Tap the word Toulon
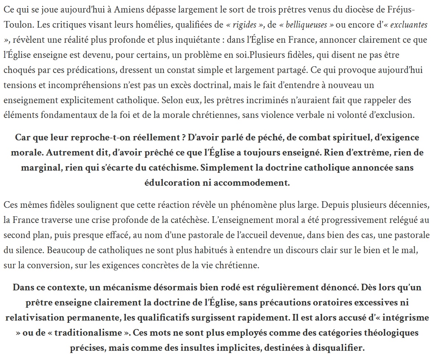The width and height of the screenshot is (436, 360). pyautogui.click(x=16, y=25)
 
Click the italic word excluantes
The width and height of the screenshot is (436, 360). pyautogui.click(x=408, y=25)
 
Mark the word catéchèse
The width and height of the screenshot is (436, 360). pyautogui.click(x=190, y=220)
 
